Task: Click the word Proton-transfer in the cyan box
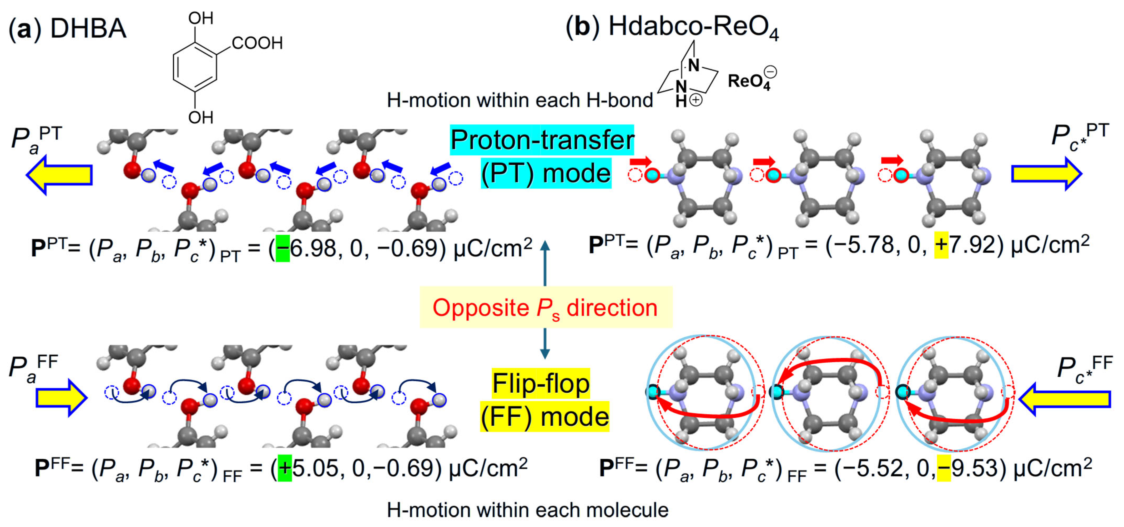pyautogui.click(x=542, y=140)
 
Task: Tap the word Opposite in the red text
pyautogui.click(x=480, y=308)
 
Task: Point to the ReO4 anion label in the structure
pyautogui.click(x=749, y=82)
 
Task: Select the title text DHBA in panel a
pyautogui.click(x=88, y=29)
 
